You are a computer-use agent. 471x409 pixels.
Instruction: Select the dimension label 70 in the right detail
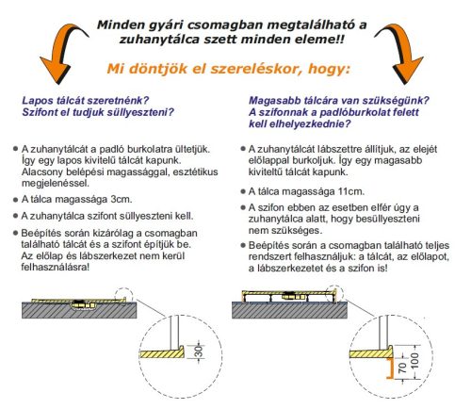click(402, 368)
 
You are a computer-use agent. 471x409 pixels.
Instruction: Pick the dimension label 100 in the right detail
click(414, 361)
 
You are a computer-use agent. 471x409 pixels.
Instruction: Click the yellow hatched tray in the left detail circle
click(162, 352)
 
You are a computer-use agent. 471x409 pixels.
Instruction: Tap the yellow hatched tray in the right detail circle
click(371, 352)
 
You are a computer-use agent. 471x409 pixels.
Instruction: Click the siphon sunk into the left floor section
click(80, 304)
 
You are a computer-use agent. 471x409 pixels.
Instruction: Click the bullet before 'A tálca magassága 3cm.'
click(15, 200)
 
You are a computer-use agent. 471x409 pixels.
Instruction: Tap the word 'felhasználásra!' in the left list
click(55, 268)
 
